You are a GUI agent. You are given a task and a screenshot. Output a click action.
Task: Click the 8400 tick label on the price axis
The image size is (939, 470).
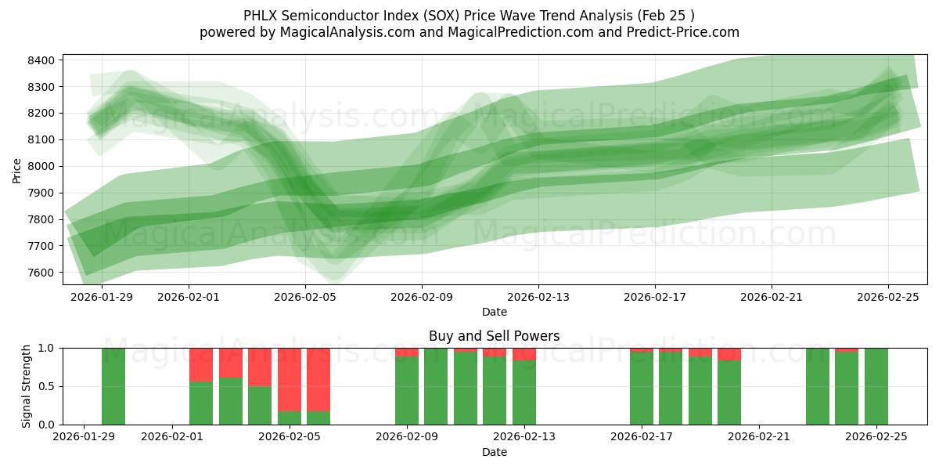(x=41, y=60)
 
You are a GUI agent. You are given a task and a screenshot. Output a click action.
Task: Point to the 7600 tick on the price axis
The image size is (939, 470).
(x=41, y=273)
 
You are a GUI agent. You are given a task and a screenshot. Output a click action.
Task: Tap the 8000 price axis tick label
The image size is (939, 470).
(x=41, y=166)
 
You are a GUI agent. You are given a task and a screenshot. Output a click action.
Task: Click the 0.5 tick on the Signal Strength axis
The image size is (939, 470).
(x=47, y=386)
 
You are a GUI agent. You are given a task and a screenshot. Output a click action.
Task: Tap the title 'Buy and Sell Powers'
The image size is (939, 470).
(x=494, y=336)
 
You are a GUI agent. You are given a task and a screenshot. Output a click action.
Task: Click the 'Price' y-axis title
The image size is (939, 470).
(x=17, y=170)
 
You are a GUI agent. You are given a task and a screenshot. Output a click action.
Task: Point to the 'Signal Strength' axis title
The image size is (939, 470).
(x=27, y=385)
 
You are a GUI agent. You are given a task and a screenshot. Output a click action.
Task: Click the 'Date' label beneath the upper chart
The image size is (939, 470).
(x=494, y=312)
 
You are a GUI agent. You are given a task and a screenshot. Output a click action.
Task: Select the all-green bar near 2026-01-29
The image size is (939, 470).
(x=113, y=386)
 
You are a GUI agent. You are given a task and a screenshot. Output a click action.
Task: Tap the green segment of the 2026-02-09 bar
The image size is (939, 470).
(x=407, y=392)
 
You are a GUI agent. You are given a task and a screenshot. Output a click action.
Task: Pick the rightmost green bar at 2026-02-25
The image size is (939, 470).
(x=876, y=386)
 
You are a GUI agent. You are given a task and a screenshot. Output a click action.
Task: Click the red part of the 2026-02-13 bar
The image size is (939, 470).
(x=524, y=354)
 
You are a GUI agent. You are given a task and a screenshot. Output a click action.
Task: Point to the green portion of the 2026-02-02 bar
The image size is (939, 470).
(x=201, y=403)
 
